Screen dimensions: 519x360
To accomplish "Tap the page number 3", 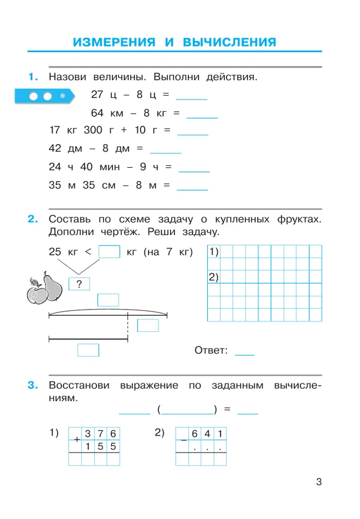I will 318,482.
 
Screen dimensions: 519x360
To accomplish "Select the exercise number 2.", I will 32,219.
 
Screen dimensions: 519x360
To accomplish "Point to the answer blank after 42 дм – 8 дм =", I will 166,149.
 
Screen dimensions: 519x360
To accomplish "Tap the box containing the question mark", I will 79,284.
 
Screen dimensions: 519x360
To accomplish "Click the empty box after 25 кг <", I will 109,252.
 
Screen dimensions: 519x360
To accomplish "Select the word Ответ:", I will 211,350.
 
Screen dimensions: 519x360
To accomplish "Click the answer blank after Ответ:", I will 245,351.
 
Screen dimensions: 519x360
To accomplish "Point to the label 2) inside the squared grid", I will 214,276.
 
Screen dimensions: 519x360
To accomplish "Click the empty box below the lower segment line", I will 88,350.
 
